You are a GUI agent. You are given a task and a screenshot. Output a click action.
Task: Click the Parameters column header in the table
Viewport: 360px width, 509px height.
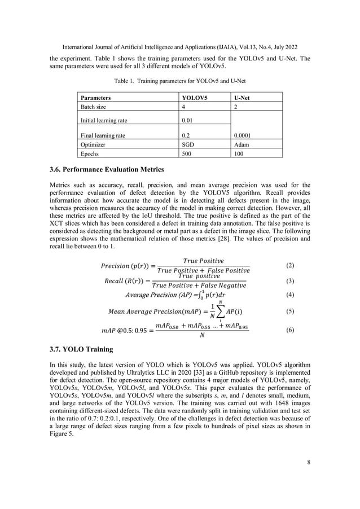(x=95, y=98)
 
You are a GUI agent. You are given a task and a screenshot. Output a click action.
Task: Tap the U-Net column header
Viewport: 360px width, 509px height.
(x=243, y=98)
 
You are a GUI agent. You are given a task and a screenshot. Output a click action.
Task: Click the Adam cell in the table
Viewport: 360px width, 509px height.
(x=243, y=144)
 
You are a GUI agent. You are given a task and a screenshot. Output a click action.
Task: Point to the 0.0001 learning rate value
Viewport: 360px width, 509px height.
(x=245, y=135)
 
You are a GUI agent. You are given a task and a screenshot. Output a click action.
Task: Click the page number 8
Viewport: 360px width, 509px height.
(x=308, y=462)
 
